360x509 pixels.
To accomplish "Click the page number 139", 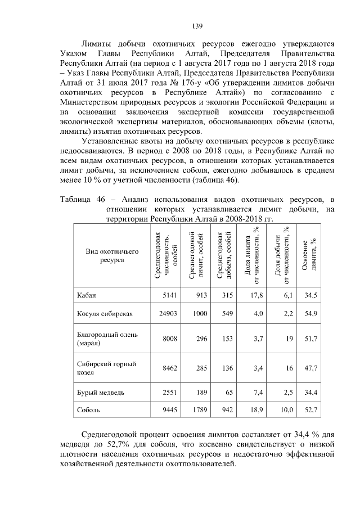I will (x=197, y=26).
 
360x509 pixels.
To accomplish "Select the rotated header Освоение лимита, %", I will (x=309, y=256).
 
